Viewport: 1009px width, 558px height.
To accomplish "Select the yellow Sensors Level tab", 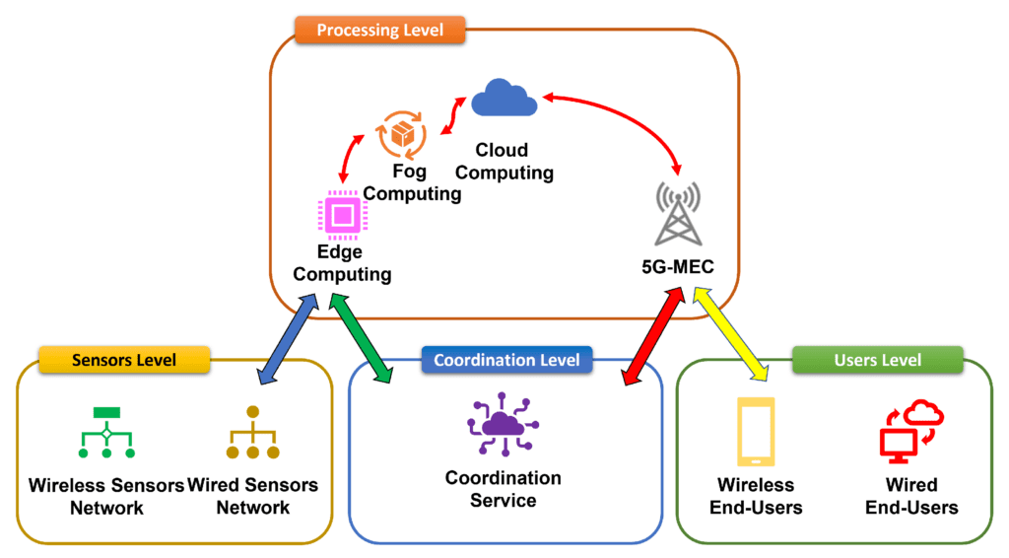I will click(x=123, y=360).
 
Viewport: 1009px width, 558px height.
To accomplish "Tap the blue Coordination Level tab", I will click(x=506, y=360).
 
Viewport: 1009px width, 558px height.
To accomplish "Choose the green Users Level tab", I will click(x=877, y=360).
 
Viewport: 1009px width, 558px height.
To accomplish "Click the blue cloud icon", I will click(x=504, y=99).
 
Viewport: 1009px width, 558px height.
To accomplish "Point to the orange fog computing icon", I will click(x=403, y=134).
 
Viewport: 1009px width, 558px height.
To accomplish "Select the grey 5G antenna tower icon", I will click(x=678, y=211).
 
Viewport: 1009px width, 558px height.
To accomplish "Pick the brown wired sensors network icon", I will click(x=252, y=434).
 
